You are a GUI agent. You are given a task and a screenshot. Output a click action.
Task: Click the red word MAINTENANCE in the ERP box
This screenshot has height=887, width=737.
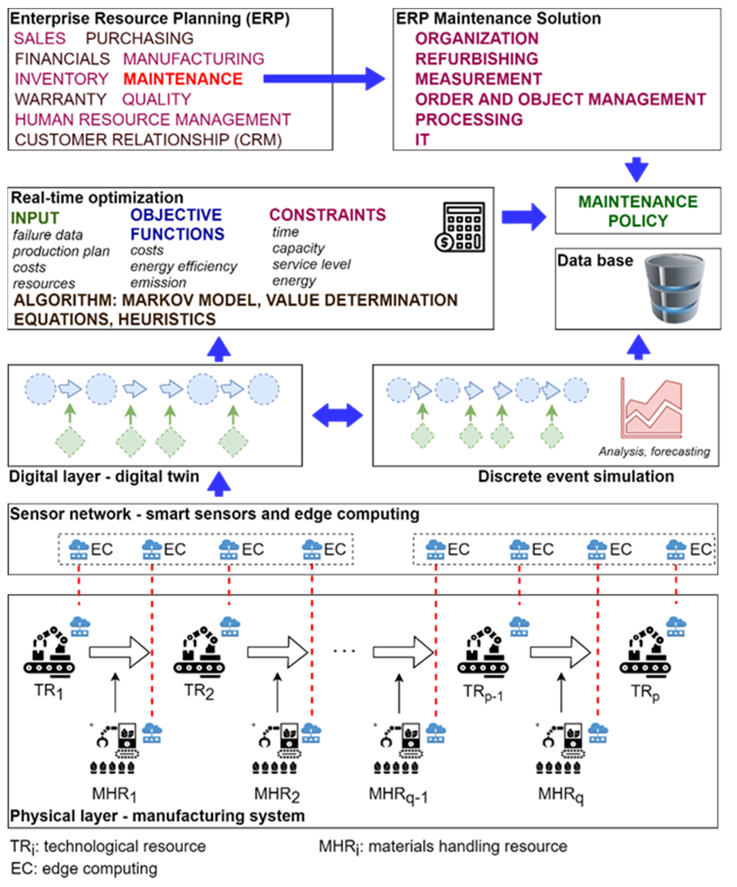coord(183,79)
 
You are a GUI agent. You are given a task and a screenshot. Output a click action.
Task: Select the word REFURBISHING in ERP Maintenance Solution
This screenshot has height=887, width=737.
coord(476,59)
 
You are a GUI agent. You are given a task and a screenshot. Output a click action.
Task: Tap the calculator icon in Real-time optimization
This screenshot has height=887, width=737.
coord(460,227)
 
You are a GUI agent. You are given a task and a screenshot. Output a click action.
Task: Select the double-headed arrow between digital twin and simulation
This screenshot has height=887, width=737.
coord(337,415)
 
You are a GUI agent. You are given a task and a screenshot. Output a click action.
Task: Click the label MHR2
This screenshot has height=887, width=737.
coord(277,795)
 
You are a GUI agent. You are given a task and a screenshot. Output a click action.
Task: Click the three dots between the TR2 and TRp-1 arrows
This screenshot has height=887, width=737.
coord(344,651)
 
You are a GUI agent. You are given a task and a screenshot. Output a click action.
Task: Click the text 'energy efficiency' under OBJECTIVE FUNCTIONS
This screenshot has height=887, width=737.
coord(184,267)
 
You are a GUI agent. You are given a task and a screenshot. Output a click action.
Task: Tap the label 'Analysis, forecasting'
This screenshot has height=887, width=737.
coord(654,451)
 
